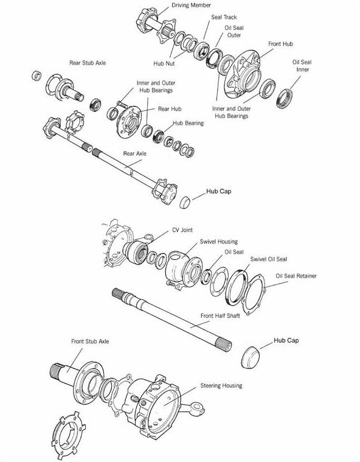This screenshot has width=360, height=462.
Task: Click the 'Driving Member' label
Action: click(x=191, y=5)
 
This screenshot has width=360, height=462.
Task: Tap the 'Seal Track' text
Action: click(x=224, y=17)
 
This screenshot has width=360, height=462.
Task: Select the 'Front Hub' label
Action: click(x=280, y=44)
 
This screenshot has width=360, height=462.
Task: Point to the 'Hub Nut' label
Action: click(x=164, y=63)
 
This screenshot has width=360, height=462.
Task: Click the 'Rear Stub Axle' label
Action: click(x=88, y=63)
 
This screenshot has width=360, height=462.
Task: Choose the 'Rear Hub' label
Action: click(x=170, y=109)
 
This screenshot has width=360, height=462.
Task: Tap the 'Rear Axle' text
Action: click(x=134, y=153)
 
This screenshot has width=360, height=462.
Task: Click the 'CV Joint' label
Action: click(x=182, y=230)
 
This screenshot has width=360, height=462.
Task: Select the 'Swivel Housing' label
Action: click(x=219, y=242)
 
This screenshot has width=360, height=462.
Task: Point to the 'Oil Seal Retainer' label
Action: click(x=296, y=276)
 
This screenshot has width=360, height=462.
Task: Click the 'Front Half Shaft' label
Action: click(x=220, y=315)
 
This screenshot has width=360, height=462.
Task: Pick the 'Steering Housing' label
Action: click(x=221, y=386)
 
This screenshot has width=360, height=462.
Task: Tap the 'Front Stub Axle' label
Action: click(x=90, y=341)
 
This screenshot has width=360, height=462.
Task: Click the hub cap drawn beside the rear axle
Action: click(x=185, y=202)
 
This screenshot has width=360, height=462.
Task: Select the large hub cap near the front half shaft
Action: click(x=251, y=357)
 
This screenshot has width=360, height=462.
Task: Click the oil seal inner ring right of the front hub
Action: click(x=284, y=98)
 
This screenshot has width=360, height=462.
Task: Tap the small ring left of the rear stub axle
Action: click(x=36, y=75)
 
